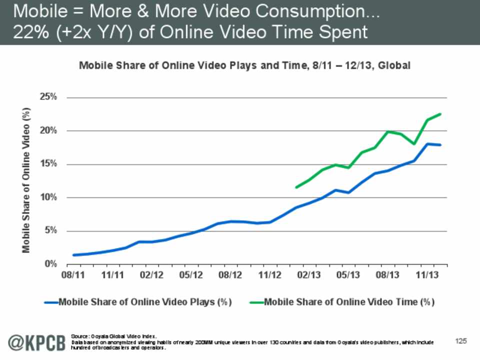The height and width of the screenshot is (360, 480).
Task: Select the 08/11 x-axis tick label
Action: click(73, 275)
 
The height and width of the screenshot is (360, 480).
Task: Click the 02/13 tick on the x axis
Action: click(309, 275)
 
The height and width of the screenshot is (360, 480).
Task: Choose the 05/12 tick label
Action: click(191, 275)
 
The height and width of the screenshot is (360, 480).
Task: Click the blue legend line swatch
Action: click(51, 302)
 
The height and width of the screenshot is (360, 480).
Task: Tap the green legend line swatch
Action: click(256, 302)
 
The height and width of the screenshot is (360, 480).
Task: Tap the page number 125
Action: click(460, 341)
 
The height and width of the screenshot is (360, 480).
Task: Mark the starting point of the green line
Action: click(296, 187)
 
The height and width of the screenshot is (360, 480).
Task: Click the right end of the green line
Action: click(440, 114)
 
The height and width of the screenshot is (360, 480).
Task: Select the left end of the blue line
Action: click(73, 255)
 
